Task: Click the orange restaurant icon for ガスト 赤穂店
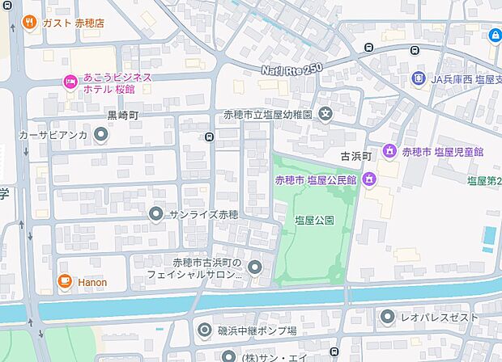pyautogui.click(x=30, y=23)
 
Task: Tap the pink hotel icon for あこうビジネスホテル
pyautogui.click(x=70, y=82)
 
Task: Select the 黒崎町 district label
pyautogui.click(x=123, y=116)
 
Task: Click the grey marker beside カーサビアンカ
pyautogui.click(x=101, y=135)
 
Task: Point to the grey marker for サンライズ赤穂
pyautogui.click(x=156, y=214)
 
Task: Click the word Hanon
pyautogui.click(x=92, y=283)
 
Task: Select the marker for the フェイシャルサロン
pyautogui.click(x=255, y=267)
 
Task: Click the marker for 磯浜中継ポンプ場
pyautogui.click(x=205, y=330)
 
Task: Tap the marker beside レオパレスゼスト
pyautogui.click(x=388, y=318)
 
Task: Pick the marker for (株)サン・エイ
pyautogui.click(x=228, y=356)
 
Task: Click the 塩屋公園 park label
pyautogui.click(x=308, y=220)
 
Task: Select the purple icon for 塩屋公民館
pyautogui.click(x=371, y=179)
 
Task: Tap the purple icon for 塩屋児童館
pyautogui.click(x=389, y=151)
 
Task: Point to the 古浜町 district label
pyautogui.click(x=355, y=154)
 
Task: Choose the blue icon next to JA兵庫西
pyautogui.click(x=418, y=78)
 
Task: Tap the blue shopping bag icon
pyautogui.click(x=495, y=35)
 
